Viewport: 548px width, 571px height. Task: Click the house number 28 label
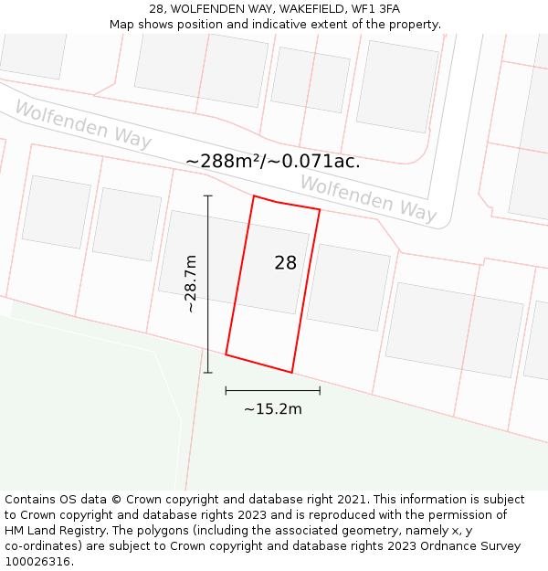[285, 263]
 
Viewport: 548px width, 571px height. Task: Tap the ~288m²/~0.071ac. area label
[272, 162]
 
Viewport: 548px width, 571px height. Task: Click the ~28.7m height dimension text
[190, 283]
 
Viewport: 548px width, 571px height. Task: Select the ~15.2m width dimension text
[272, 409]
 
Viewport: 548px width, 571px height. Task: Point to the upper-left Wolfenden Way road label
[82, 125]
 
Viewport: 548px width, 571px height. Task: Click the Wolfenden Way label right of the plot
[368, 198]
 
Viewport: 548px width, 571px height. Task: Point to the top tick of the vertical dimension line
[208, 196]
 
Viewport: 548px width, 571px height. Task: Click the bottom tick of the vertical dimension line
[208, 372]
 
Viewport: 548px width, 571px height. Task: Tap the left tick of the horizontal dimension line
[226, 390]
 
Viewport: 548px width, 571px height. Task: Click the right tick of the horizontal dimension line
[320, 390]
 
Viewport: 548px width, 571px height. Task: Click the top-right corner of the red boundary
[320, 210]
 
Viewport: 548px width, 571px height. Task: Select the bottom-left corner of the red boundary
[226, 354]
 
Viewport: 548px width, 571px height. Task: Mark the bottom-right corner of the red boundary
[291, 372]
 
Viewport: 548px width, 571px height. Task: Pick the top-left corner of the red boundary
[254, 196]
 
